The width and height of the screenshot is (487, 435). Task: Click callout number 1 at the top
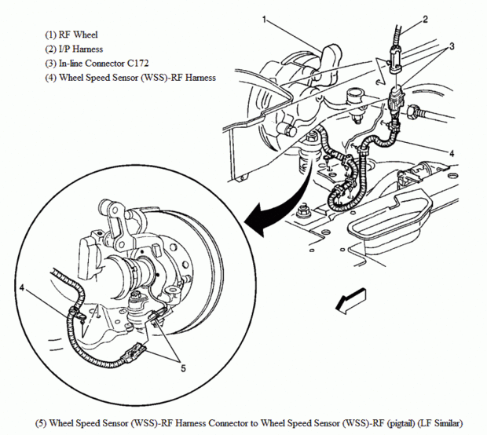pyautogui.click(x=264, y=20)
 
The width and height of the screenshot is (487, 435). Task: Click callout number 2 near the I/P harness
pyautogui.click(x=425, y=20)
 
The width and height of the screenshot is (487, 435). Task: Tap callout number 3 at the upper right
pyautogui.click(x=452, y=46)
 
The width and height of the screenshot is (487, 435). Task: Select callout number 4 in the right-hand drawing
pyautogui.click(x=452, y=153)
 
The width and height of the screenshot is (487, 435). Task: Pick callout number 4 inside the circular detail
pyautogui.click(x=22, y=288)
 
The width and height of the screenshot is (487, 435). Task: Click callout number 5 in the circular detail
pyautogui.click(x=183, y=368)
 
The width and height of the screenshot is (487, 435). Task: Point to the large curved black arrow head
pyautogui.click(x=258, y=219)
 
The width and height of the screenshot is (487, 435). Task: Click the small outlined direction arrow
pyautogui.click(x=351, y=300)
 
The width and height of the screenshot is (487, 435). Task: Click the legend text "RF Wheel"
pyautogui.click(x=79, y=35)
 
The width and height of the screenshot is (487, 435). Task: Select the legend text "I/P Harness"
pyautogui.click(x=81, y=49)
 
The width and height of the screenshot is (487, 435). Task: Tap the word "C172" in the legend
pyautogui.click(x=137, y=64)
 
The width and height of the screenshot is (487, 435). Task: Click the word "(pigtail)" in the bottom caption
pyautogui.click(x=401, y=423)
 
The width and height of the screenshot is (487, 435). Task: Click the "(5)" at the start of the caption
pyautogui.click(x=41, y=423)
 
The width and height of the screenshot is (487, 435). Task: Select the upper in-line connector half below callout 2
pyautogui.click(x=396, y=60)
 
